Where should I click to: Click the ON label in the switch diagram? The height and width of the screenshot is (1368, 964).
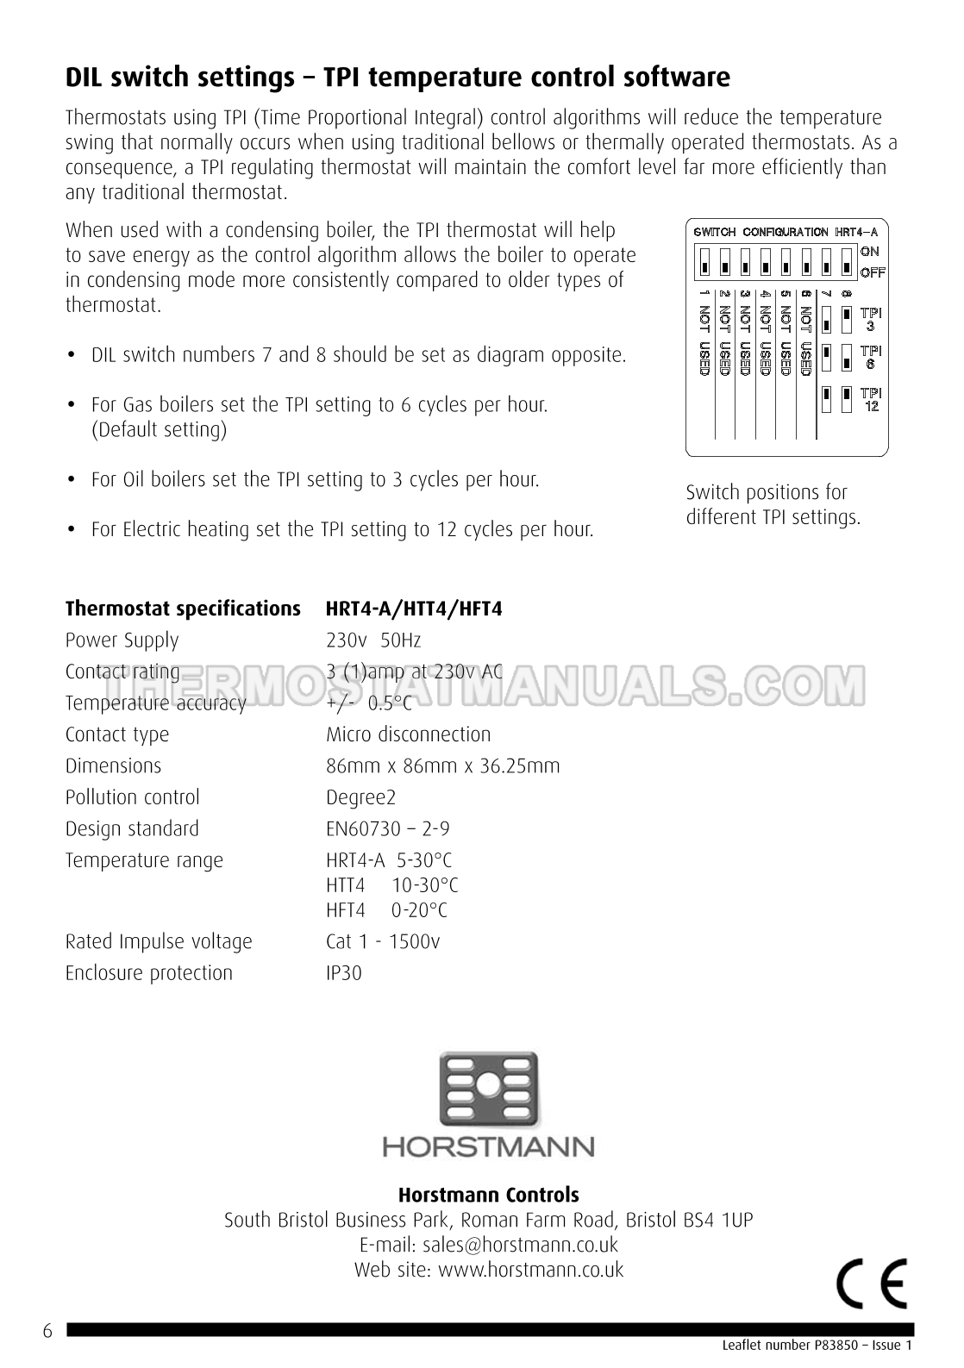(869, 252)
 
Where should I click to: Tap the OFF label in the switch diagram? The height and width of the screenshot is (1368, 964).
(872, 273)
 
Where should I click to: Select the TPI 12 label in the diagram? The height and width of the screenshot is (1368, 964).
(871, 401)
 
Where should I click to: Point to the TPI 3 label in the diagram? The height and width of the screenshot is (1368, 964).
(871, 320)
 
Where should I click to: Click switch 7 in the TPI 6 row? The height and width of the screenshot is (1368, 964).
(826, 354)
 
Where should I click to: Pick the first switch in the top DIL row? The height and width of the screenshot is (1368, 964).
(704, 261)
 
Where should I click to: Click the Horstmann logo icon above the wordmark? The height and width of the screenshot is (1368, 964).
(489, 1090)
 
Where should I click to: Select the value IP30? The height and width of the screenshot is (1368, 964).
(344, 973)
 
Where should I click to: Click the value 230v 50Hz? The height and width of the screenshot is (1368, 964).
(373, 640)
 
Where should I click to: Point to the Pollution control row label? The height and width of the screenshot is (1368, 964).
(133, 797)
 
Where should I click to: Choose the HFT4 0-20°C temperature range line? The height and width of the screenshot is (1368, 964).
(386, 910)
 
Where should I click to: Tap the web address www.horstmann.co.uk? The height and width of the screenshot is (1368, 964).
(530, 1270)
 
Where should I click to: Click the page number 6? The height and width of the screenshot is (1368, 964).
(47, 1332)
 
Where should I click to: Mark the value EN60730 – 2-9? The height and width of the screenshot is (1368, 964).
(388, 829)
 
